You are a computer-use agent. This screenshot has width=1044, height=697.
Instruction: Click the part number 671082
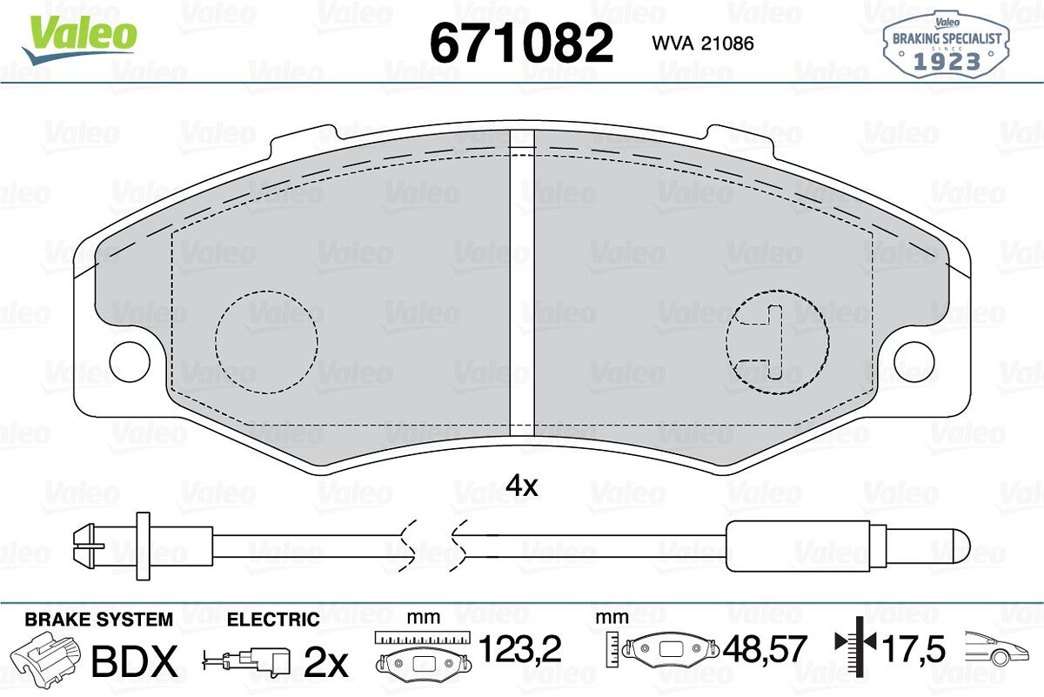point(521,44)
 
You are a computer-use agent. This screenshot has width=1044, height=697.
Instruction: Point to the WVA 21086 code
point(702,44)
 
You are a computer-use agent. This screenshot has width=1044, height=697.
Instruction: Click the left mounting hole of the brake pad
point(130,362)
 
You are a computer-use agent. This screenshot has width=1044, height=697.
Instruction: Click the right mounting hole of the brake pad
point(914,362)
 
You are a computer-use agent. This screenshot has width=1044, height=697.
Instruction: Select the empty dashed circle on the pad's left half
point(266,342)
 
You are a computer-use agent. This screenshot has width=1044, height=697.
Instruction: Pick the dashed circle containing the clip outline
point(777,342)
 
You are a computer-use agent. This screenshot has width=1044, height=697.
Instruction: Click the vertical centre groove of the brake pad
point(522,283)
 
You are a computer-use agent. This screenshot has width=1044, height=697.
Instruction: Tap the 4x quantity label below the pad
point(521,486)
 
